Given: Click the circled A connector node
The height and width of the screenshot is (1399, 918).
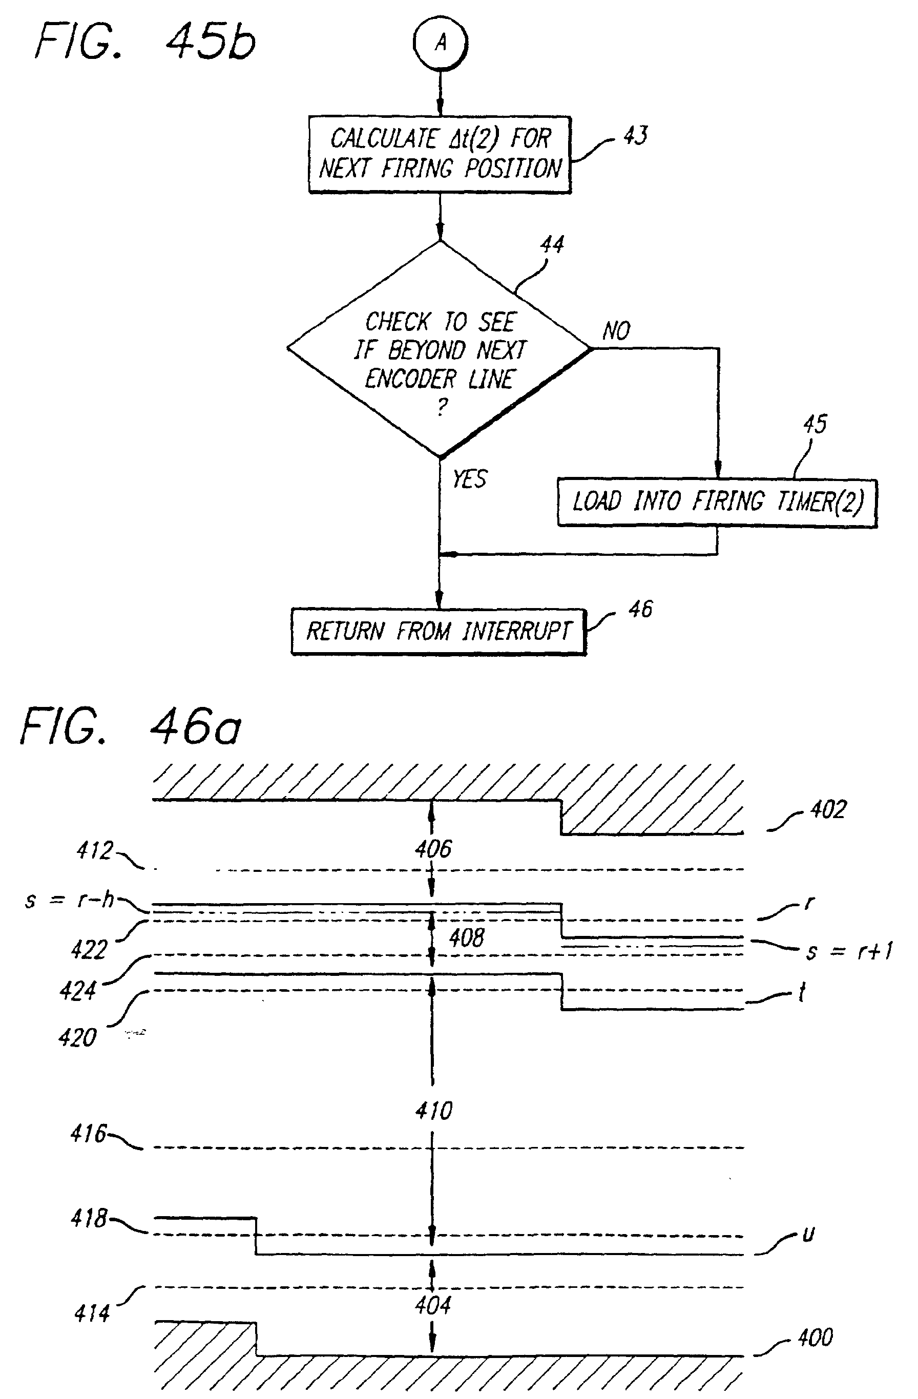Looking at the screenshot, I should tap(440, 43).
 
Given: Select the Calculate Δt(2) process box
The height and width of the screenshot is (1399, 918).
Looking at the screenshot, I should tap(440, 155).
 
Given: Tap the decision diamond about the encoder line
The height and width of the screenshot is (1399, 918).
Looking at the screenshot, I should tap(440, 349).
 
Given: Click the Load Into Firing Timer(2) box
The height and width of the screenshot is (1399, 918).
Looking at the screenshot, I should tap(717, 503).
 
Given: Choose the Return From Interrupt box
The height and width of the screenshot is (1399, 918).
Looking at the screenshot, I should tap(439, 631).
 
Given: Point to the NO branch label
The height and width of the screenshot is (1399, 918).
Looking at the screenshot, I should tap(616, 331).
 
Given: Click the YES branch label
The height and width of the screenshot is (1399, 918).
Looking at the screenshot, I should tap(470, 479).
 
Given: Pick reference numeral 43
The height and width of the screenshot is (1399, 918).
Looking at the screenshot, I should tap(635, 136).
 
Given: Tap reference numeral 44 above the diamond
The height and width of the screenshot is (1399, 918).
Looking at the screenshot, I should tap(552, 244).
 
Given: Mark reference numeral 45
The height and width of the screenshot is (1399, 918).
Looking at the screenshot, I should tap(815, 424).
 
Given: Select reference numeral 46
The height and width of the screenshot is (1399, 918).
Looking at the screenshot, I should tap(640, 609).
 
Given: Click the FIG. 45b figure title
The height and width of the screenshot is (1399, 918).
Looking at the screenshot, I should tap(145, 43).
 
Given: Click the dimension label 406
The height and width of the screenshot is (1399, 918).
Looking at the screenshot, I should tap(433, 849).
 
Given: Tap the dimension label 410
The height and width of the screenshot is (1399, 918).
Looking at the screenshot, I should tap(434, 1111).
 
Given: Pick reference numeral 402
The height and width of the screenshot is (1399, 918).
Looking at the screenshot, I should tap(828, 809).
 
